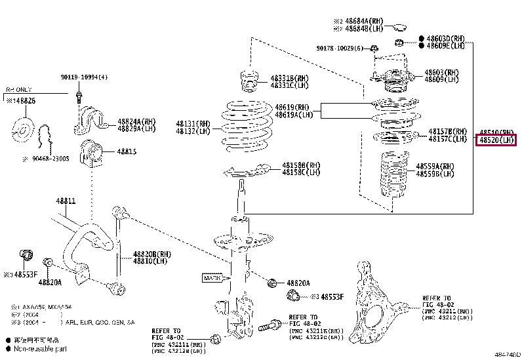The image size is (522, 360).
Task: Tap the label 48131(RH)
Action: [193, 123]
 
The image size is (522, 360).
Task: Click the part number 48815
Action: [127, 151]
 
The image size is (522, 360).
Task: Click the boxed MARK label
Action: [213, 278]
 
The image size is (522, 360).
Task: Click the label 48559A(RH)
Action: [434, 167]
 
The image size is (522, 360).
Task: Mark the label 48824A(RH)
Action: [136, 121]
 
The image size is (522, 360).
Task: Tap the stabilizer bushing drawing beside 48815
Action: [91, 153]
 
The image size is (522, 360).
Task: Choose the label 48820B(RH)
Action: [152, 253]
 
